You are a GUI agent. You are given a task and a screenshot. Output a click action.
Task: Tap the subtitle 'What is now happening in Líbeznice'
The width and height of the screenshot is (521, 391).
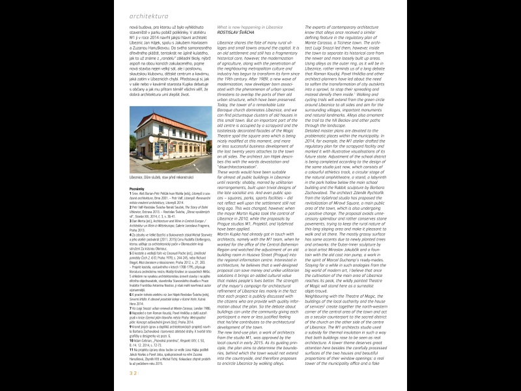[x=251, y=26]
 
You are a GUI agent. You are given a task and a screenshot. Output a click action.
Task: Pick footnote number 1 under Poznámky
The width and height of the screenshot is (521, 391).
[x=132, y=194]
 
